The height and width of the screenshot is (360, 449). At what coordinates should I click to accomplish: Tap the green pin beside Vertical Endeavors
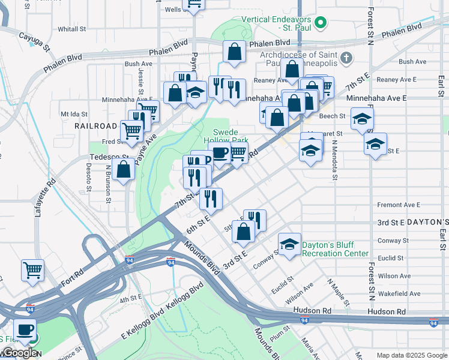point(321,23)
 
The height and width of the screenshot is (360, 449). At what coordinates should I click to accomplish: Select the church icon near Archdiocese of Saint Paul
point(346,58)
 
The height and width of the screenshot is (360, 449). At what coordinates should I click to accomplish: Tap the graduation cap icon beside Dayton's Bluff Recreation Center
point(289,245)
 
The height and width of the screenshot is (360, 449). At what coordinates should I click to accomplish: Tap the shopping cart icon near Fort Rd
point(32,269)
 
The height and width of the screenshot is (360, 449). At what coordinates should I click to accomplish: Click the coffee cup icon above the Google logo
point(25,329)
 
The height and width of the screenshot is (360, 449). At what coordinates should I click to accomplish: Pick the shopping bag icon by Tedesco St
point(123,169)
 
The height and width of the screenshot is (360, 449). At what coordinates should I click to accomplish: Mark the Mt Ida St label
point(74,113)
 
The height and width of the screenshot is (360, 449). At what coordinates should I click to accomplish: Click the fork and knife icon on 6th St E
point(211,198)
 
